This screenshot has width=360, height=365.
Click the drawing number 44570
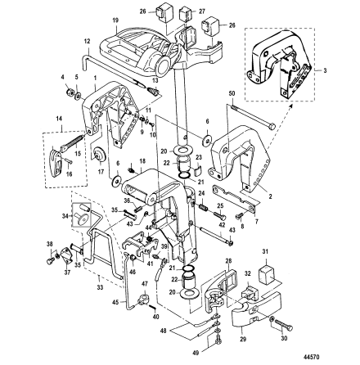310,357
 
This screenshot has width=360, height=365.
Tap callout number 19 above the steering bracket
115,20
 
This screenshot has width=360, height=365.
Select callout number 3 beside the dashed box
325,70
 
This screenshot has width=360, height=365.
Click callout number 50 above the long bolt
232,93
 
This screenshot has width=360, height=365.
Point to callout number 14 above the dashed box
59,119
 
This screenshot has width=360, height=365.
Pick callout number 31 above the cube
265,251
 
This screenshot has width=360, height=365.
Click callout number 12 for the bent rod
87,42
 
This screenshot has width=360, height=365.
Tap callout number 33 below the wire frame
99,279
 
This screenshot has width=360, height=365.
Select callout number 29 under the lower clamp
243,339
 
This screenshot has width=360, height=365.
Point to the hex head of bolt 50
272,127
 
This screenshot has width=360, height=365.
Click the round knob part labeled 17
98,155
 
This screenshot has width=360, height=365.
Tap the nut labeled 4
70,92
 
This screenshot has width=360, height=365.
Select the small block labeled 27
185,15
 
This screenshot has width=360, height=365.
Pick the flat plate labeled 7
236,197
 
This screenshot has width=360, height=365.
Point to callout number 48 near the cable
164,331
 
